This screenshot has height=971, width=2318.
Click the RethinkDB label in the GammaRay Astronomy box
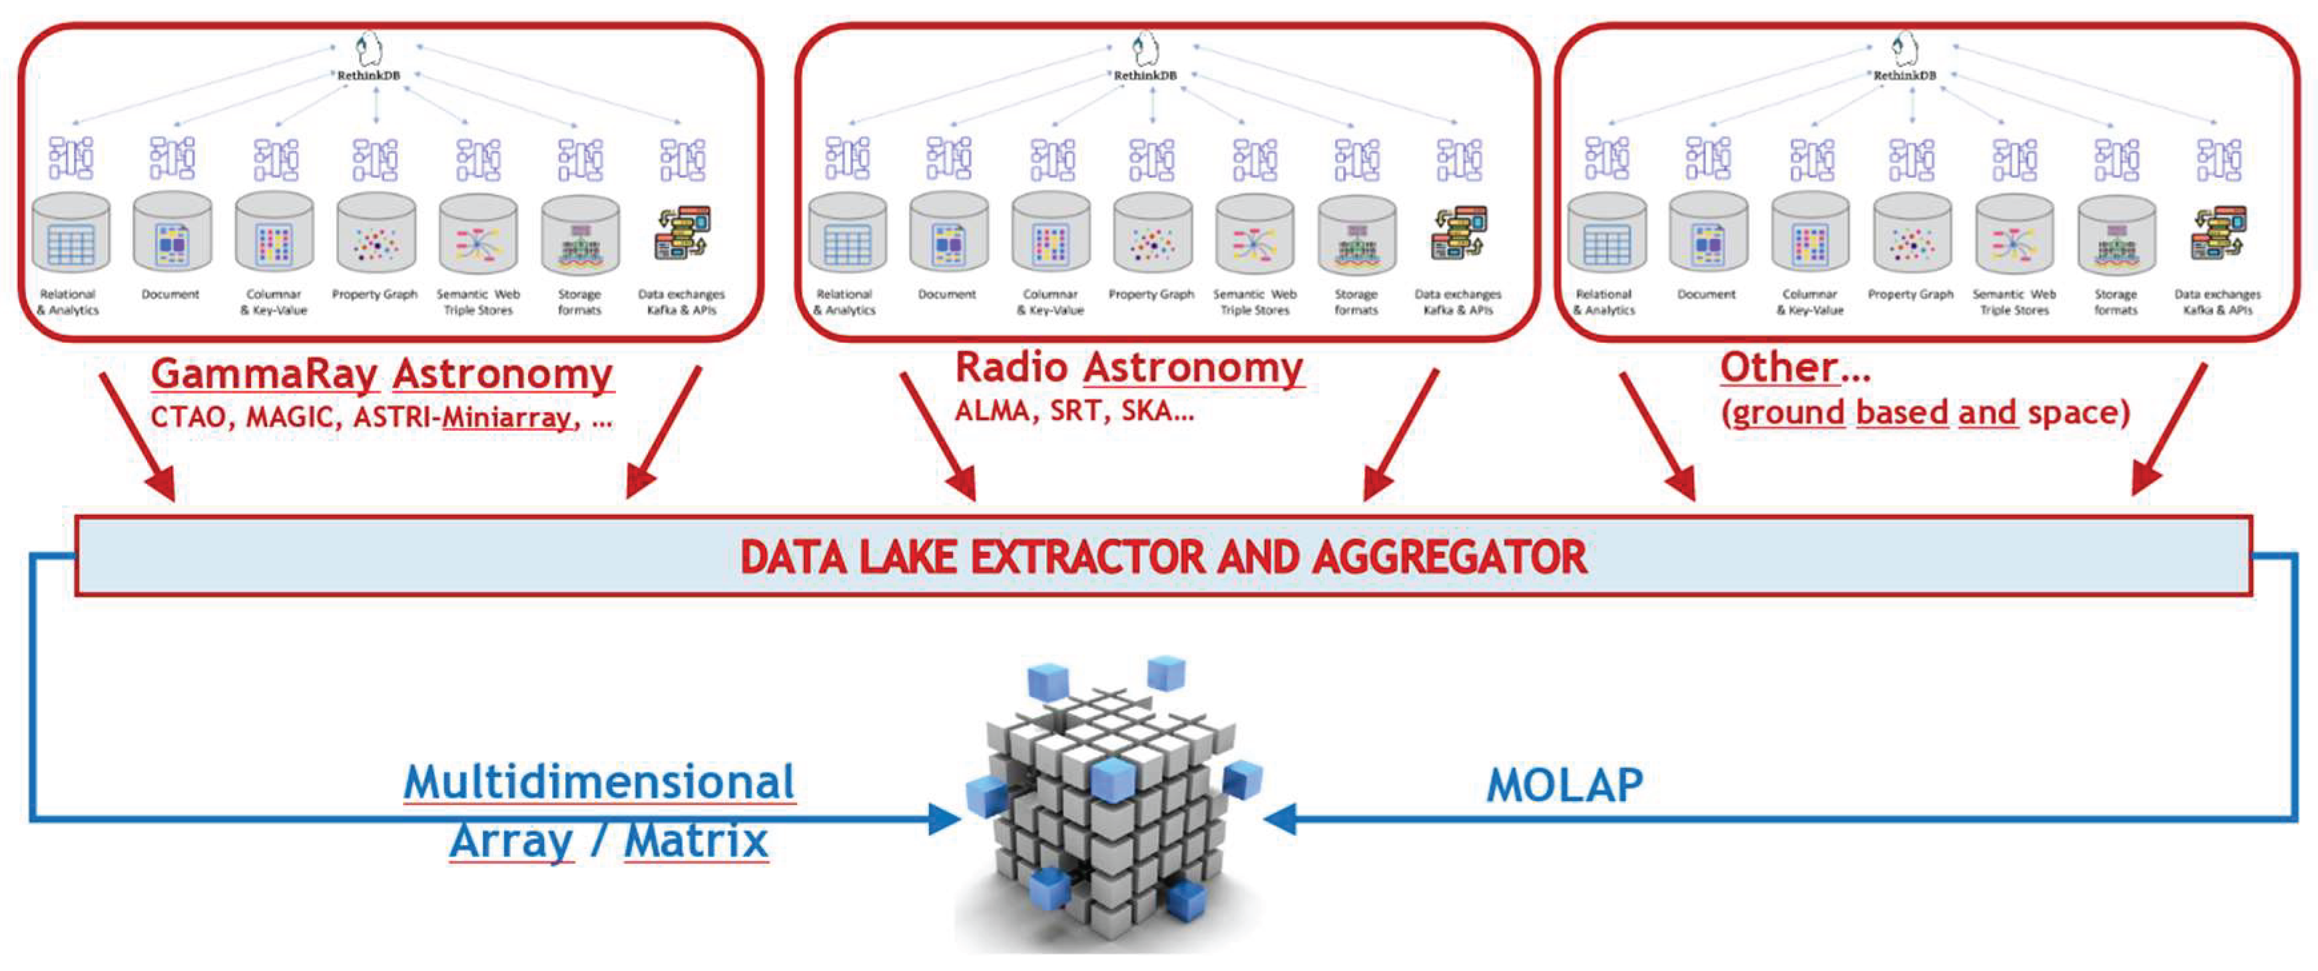coord(368,76)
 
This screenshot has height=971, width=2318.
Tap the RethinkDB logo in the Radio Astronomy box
coord(1145,49)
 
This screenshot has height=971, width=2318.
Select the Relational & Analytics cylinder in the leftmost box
coord(70,233)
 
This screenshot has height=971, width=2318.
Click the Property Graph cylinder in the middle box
coord(1153,233)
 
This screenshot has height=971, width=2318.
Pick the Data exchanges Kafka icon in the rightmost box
coord(2218,233)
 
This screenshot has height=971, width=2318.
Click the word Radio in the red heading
coord(1011,367)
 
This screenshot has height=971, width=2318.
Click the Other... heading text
coord(1795,367)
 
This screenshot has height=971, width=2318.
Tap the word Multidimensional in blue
coord(599,782)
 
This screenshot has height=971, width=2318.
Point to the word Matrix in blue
coord(697,841)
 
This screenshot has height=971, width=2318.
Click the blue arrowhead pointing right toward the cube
coord(945,819)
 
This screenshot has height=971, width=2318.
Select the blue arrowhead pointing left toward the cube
coord(1280,819)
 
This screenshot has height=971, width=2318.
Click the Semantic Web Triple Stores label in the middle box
coord(1255,302)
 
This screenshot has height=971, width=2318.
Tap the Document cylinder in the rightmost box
coord(1708,233)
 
